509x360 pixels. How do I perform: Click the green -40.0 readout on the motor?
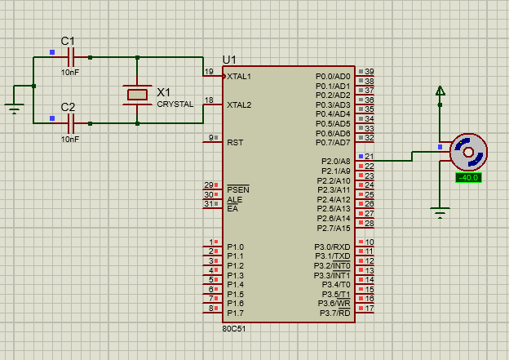468,177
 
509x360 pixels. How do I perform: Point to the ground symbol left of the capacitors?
13,107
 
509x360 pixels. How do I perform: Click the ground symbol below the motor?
440,214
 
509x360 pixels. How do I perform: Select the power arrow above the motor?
440,91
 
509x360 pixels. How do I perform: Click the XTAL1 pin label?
239,77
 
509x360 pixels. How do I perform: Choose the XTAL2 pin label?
239,104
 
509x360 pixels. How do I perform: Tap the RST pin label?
235,142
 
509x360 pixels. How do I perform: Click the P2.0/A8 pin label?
334,161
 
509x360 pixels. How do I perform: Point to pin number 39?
369,72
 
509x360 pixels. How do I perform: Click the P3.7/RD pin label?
334,313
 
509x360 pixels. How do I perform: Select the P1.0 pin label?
236,247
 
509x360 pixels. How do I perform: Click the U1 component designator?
229,60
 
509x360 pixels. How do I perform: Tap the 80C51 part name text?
233,328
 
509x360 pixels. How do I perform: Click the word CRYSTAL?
175,104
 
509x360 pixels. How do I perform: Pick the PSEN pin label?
237,189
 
